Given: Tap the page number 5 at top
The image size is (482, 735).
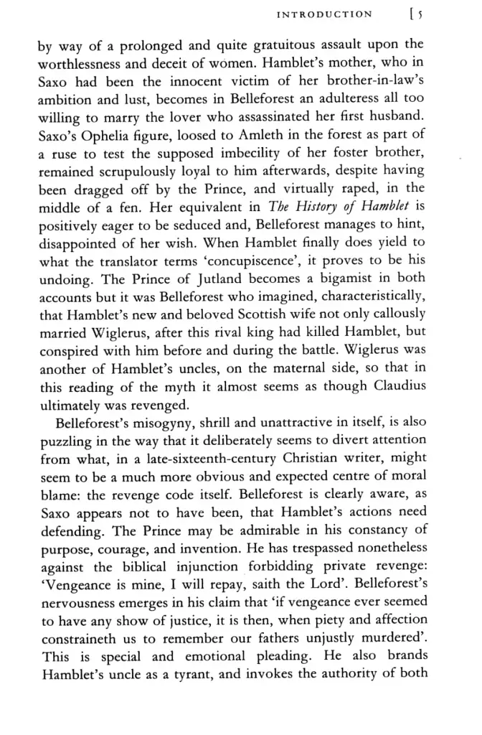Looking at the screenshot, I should pos(418,14).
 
